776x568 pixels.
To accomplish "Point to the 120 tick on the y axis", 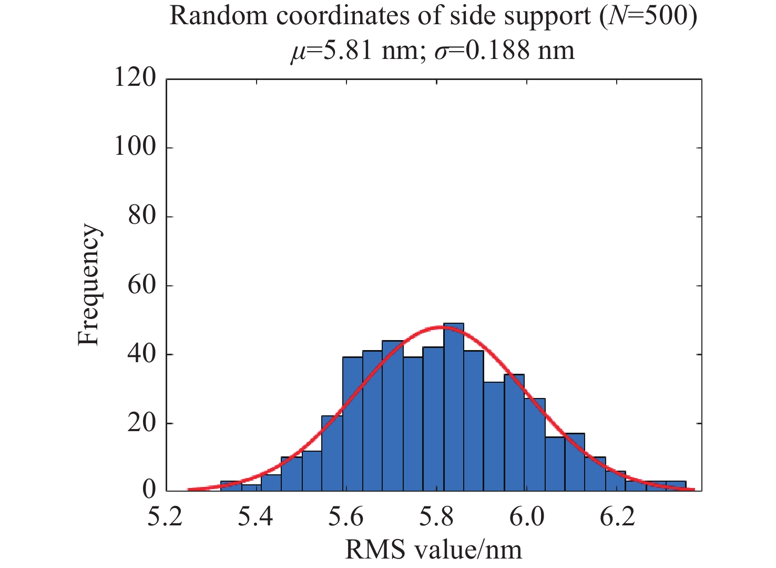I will pyautogui.click(x=135, y=78).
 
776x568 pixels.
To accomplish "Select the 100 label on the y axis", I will pyautogui.click(x=135, y=147).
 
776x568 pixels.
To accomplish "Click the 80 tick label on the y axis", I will pyautogui.click(x=142, y=216).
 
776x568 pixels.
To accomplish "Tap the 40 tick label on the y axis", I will pyautogui.click(x=142, y=354).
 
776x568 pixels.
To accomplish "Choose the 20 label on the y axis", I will pyautogui.click(x=142, y=423).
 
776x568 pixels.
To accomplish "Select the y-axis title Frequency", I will pyautogui.click(x=88, y=285).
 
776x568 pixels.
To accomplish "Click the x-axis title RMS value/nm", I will pyautogui.click(x=433, y=550).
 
